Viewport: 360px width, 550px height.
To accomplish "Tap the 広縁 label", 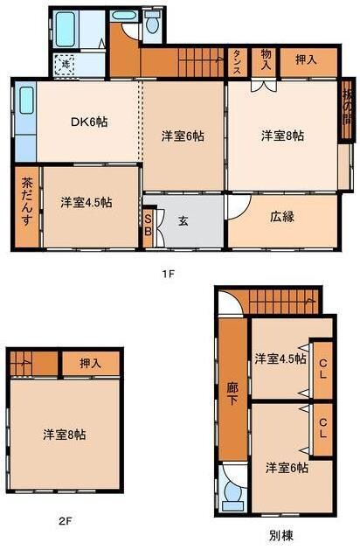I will (x=280, y=215).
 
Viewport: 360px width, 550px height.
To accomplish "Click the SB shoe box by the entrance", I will (x=149, y=225).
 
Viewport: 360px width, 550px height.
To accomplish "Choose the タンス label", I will (x=237, y=62).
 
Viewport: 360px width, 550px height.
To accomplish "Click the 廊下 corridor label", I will (x=232, y=389).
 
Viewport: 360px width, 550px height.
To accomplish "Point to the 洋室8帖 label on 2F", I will (x=66, y=434).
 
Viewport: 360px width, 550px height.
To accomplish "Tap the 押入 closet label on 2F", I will (x=90, y=361).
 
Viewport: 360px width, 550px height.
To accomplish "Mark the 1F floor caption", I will (x=169, y=274).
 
